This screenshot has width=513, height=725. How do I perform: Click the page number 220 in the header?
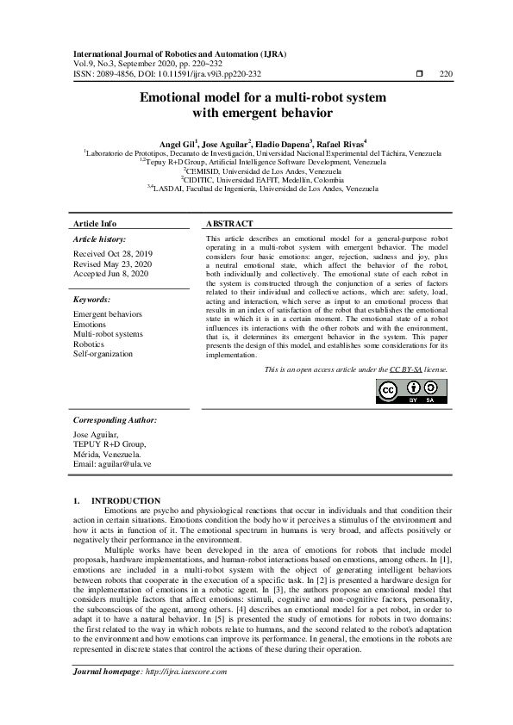coord(445,75)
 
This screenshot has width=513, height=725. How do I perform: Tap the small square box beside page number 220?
coord(419,75)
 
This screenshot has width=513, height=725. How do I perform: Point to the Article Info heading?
coord(95,223)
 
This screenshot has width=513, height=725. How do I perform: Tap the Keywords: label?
coord(92,300)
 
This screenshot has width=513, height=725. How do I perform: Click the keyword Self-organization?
coord(103,353)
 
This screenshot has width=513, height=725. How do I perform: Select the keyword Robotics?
coord(88,344)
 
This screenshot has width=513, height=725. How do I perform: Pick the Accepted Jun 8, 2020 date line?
coord(109,273)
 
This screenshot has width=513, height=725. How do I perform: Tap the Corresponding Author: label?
coord(115,420)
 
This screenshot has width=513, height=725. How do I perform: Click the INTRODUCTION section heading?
coord(125,500)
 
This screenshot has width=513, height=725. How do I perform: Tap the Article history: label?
coord(99,239)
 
